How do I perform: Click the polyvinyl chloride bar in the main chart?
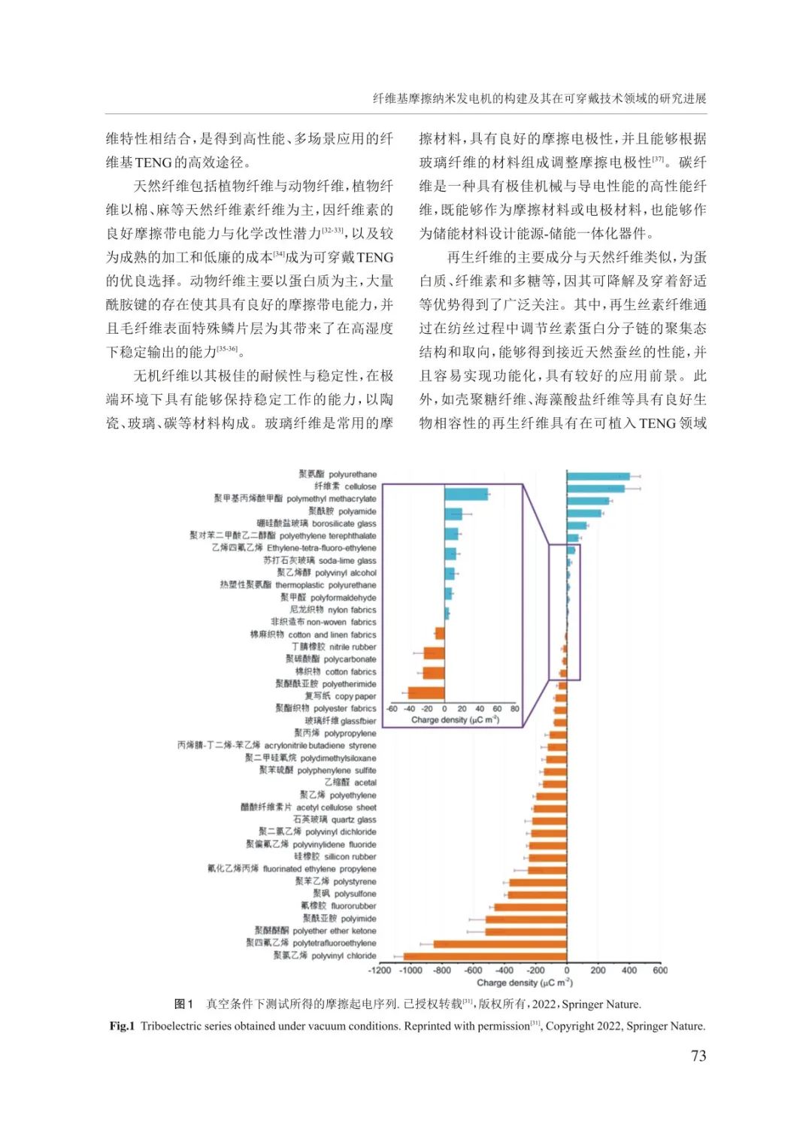(485, 956)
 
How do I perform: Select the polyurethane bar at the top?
(598, 476)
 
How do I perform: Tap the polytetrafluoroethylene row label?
(311, 943)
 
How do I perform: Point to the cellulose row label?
(345, 486)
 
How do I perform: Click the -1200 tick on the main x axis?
(380, 971)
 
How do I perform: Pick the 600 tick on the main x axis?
(659, 971)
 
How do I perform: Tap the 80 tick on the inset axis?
(515, 709)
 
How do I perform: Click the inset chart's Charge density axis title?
(455, 720)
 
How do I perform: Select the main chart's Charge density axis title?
(524, 983)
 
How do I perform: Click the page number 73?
(698, 1056)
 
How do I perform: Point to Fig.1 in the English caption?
(122, 1026)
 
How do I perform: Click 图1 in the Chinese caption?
(183, 1004)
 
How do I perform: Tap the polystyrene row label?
(335, 881)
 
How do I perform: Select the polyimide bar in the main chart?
(526, 919)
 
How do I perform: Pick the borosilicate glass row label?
(317, 523)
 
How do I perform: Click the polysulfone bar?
(537, 894)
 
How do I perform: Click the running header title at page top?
(539, 98)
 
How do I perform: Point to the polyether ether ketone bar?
(526, 931)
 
